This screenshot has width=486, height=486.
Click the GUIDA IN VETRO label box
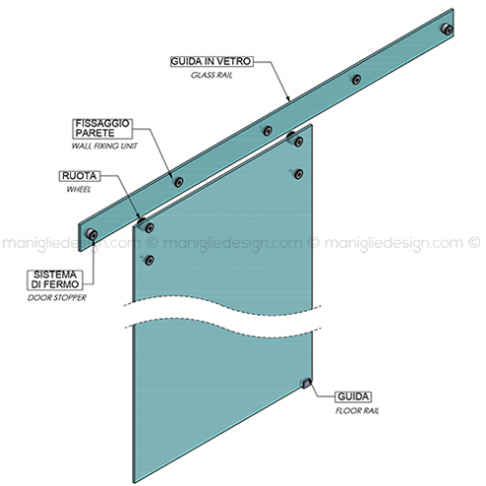coord(211,61)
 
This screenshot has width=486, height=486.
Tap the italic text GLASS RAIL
coord(211,75)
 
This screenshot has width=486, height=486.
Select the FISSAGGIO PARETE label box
coord(103,128)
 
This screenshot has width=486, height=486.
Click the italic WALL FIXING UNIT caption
coord(105,146)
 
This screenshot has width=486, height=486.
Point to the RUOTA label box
coord(79,176)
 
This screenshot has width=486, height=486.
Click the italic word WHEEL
coord(79,190)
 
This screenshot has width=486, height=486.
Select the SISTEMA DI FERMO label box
coord(55,280)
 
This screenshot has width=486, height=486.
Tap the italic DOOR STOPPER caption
coord(56,297)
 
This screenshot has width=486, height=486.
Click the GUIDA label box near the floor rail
coord(353,397)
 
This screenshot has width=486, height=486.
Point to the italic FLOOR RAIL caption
coord(358,411)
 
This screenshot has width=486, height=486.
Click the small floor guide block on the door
coord(306,383)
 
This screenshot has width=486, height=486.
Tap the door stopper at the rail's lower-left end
coord(92,234)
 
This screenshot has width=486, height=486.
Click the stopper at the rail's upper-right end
coord(447,29)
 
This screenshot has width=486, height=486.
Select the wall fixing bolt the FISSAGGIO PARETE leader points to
coord(179,182)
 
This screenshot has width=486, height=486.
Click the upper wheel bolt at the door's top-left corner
coord(149,227)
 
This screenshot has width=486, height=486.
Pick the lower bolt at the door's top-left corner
coord(149,260)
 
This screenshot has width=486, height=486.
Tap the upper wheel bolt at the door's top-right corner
coord(298,141)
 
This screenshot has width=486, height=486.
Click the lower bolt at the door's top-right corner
coord(298,174)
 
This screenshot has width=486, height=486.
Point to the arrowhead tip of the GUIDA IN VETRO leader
coord(289,101)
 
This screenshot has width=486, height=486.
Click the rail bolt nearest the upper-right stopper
coord(357,79)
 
